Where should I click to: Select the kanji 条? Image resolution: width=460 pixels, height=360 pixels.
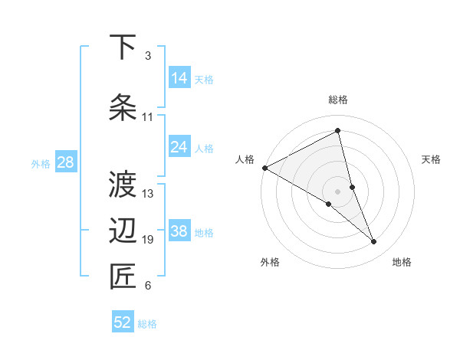point(123,107)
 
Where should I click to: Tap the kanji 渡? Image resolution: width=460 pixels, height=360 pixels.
point(123,184)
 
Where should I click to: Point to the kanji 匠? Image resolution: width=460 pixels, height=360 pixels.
point(123,277)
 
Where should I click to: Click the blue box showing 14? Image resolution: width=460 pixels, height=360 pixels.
point(179,78)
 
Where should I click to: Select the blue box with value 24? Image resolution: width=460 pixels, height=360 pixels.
point(179,147)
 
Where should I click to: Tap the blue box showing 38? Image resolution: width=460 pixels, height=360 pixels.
point(179,231)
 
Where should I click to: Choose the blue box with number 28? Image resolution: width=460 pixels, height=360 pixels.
point(65,162)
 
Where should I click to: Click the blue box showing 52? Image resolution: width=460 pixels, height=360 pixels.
point(123,322)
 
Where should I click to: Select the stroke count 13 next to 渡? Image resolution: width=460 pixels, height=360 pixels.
point(148,193)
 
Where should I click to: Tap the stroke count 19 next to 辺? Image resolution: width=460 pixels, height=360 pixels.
point(148,240)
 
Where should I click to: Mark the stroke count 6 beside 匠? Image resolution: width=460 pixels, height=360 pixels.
point(147,286)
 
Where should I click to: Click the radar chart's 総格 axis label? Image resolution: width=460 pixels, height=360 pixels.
point(338,100)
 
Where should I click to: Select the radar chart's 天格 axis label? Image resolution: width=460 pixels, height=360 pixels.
point(432,159)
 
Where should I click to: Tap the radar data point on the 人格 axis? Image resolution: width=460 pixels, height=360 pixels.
point(264,168)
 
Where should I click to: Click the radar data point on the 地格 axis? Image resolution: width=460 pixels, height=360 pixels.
point(374,242)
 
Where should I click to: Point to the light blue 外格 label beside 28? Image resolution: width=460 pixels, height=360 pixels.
point(41,163)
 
